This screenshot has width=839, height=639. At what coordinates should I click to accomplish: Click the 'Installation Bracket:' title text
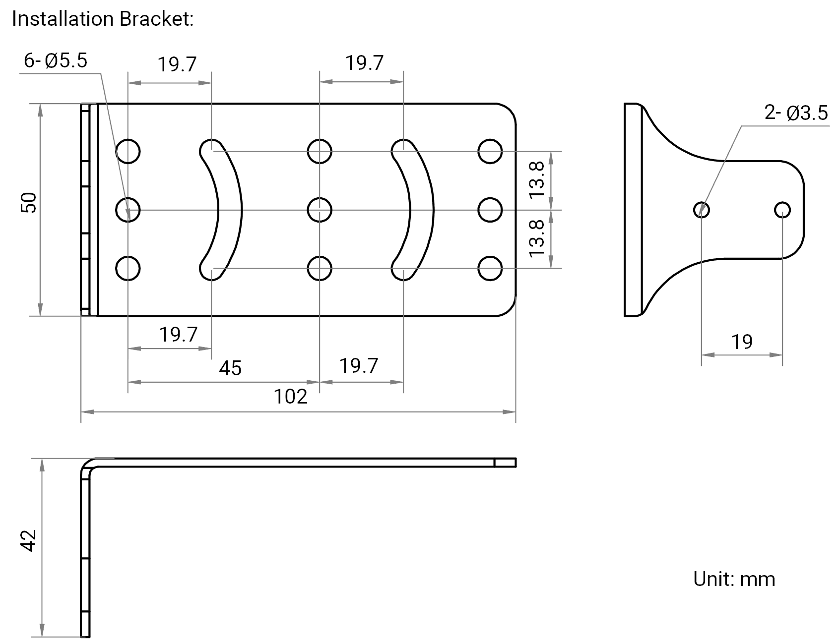tap(103, 19)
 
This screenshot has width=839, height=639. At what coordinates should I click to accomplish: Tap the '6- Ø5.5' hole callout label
tap(56, 61)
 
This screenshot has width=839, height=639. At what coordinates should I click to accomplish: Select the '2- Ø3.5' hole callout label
tap(796, 114)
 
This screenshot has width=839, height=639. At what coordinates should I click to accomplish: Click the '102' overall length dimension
tap(291, 397)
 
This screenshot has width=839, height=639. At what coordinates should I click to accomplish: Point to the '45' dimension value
tap(230, 368)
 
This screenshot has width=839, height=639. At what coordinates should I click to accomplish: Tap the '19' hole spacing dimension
tap(742, 342)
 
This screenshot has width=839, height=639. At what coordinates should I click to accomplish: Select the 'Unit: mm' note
tap(734, 579)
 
